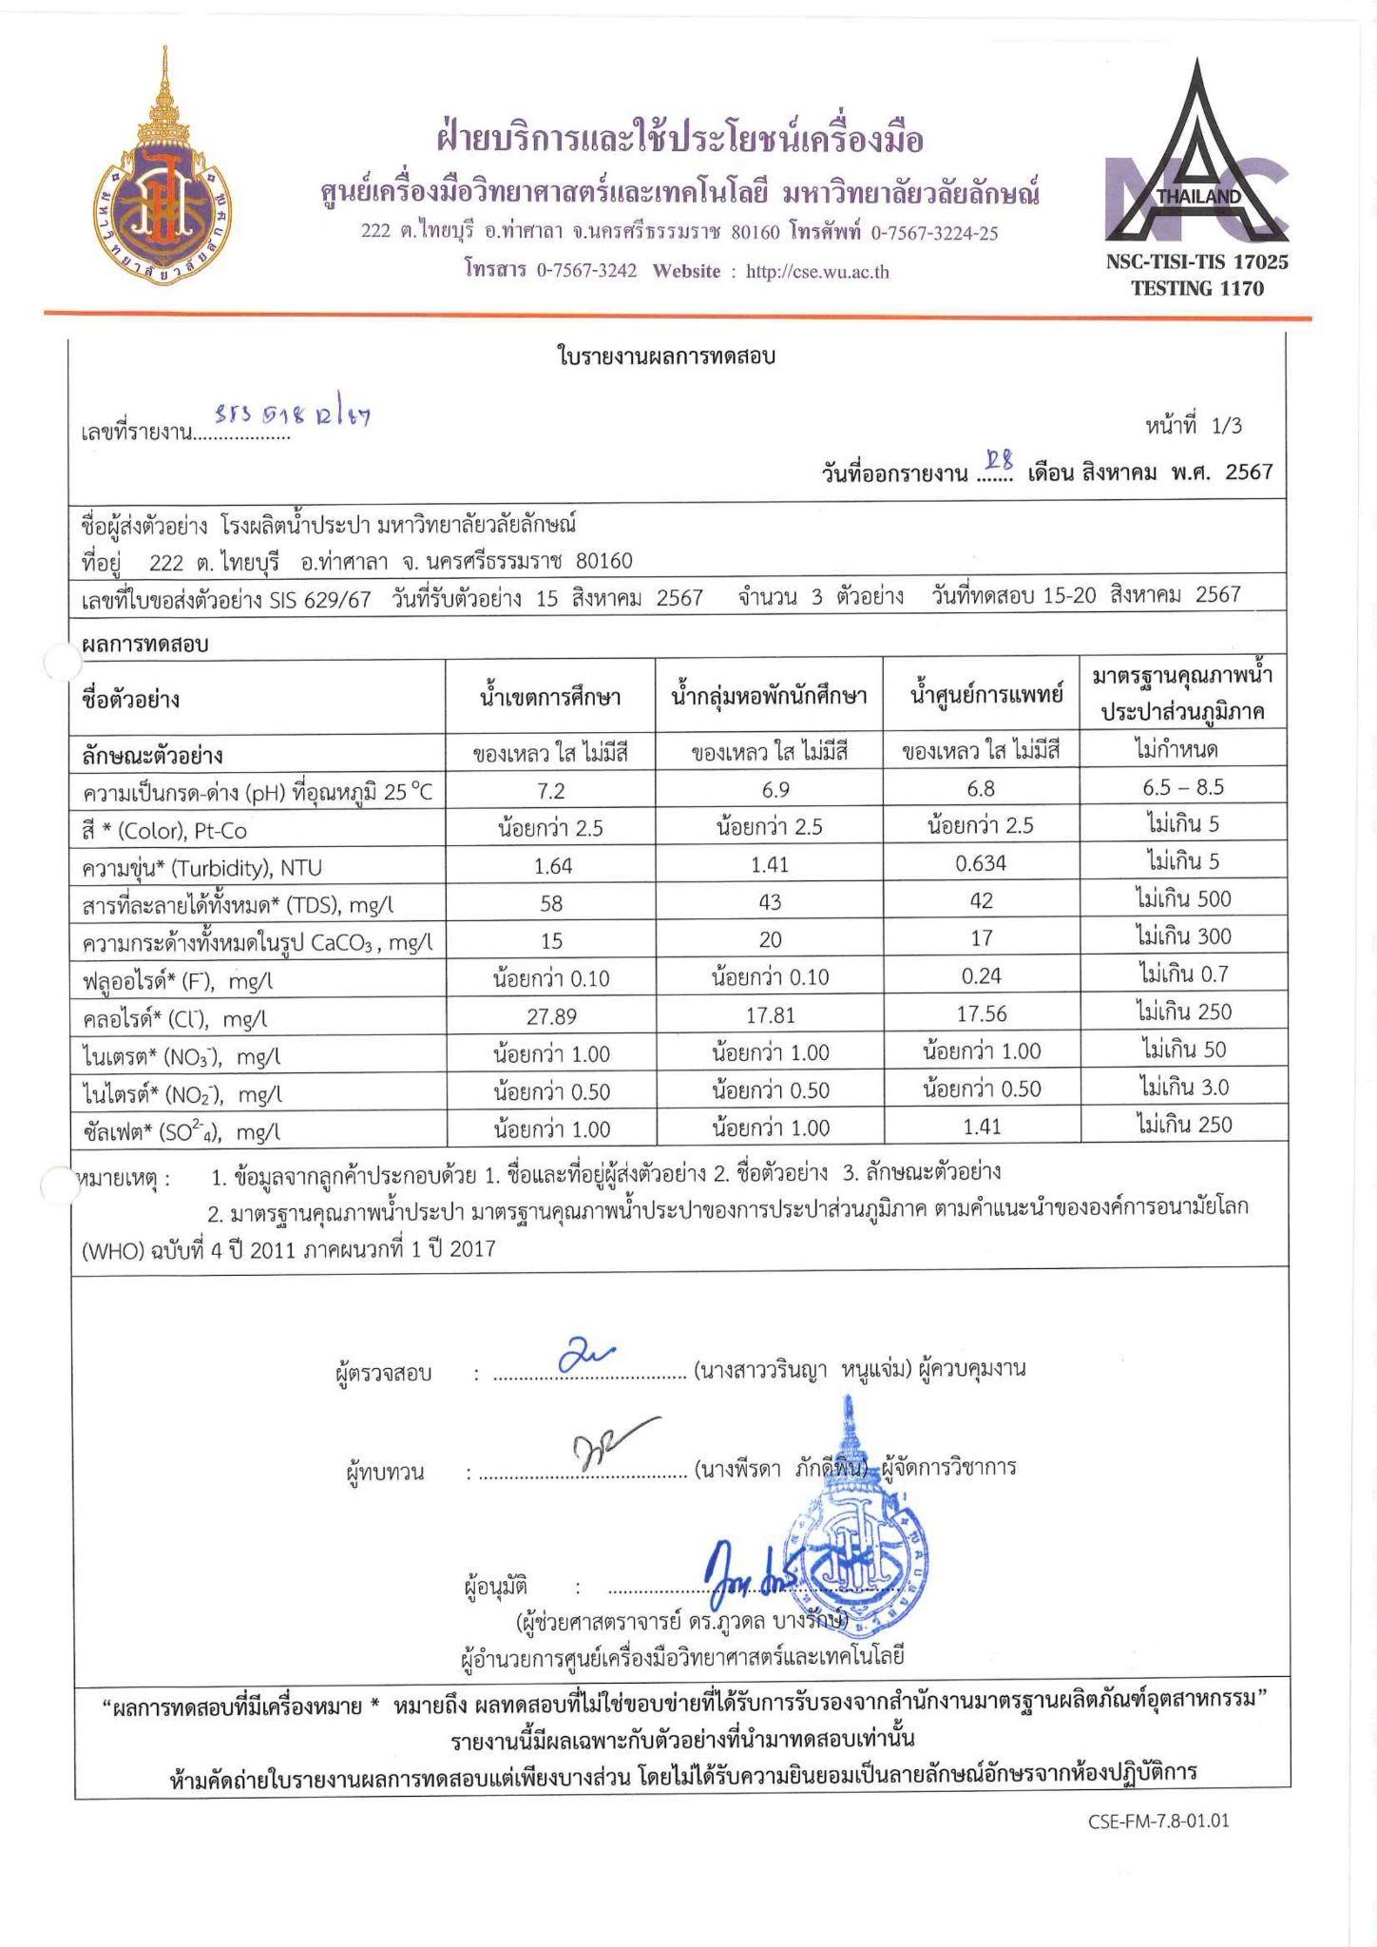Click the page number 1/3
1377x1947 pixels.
click(1226, 426)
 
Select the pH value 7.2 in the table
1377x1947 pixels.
click(551, 790)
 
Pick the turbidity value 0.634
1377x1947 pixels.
click(981, 863)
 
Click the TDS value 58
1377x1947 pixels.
click(551, 902)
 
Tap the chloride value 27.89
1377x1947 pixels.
click(551, 1015)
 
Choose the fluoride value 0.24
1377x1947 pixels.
click(981, 976)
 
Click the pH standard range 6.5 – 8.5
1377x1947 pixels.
click(1182, 788)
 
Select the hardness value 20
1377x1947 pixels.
click(770, 940)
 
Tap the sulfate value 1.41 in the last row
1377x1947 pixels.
click(981, 1128)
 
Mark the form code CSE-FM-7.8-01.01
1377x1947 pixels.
click(1158, 1822)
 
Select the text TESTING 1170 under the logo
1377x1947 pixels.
click(1196, 288)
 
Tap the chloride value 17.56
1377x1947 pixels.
click(981, 1014)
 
